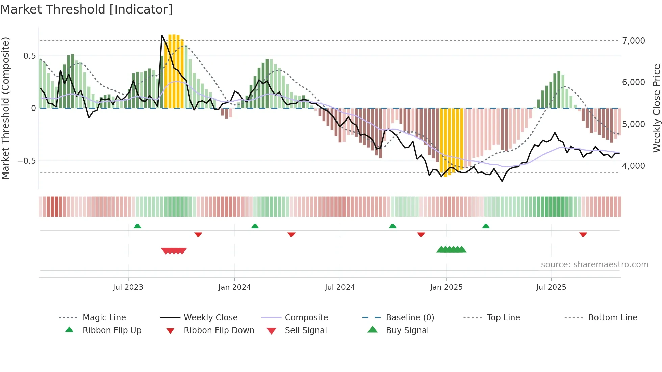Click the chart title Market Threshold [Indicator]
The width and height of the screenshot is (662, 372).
[x=86, y=9]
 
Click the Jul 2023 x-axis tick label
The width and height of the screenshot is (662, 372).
[x=128, y=287]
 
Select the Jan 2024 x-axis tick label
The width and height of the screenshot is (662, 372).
[x=234, y=287]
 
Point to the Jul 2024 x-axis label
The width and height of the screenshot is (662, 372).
[x=340, y=287]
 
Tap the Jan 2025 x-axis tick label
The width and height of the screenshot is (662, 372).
[x=446, y=287]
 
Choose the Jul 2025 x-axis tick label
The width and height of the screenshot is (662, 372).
[x=551, y=287]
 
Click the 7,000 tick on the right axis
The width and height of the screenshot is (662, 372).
[x=634, y=41]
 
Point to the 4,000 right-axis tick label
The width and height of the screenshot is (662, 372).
[x=634, y=166]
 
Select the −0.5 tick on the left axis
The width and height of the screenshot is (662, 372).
[x=27, y=161]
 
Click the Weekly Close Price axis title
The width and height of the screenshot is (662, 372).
[x=656, y=108]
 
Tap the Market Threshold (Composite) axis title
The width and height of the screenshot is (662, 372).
[x=5, y=108]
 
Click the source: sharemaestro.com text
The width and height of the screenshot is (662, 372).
[x=594, y=265]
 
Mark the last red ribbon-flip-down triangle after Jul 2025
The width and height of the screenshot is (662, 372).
[x=583, y=234]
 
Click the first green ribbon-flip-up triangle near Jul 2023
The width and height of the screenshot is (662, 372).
[x=137, y=226]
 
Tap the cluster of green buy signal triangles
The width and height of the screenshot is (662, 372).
[x=451, y=249]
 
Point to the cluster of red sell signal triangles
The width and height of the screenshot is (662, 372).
[x=174, y=251]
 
